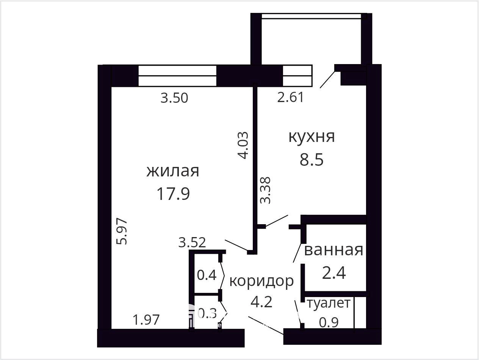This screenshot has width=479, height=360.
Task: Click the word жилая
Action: click(173, 171)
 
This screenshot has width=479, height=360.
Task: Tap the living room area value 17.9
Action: click(173, 194)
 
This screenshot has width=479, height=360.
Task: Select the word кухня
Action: click(312, 137)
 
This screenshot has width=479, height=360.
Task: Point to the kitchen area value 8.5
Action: click(312, 159)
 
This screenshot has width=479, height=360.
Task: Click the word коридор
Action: click(261, 281)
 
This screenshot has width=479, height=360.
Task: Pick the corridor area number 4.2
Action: click(261, 302)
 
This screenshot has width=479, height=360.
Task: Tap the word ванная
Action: click(333, 250)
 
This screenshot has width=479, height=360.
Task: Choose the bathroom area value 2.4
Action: click(334, 273)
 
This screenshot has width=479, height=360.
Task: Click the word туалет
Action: click(329, 303)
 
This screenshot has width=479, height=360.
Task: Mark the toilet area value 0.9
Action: click(329, 322)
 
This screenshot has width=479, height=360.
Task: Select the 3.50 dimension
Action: click(174, 98)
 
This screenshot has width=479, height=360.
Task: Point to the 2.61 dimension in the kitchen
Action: click(290, 97)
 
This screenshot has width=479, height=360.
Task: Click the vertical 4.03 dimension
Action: click(243, 145)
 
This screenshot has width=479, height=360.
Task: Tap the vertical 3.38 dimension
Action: click(265, 190)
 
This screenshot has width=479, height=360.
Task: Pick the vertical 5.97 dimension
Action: click(121, 231)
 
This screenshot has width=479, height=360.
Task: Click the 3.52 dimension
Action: click(192, 242)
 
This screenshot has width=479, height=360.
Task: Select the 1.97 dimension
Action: click(146, 320)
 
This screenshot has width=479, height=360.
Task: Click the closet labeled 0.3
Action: click(207, 313)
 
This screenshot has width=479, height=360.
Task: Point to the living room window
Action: click(177, 76)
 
